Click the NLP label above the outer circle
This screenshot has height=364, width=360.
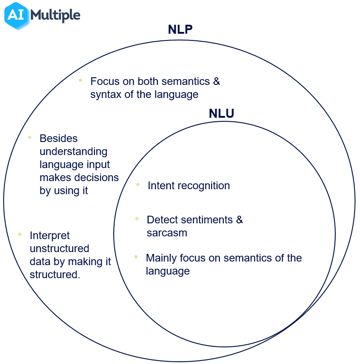click(181, 30)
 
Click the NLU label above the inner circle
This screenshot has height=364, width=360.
click(221, 114)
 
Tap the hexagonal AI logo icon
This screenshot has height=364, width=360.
click(16, 16)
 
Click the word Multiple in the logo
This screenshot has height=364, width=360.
click(56, 16)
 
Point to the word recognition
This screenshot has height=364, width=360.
click(203, 186)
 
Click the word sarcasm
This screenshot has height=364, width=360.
click(167, 233)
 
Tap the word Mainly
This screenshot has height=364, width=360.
click(161, 258)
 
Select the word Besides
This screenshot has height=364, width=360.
click(58, 138)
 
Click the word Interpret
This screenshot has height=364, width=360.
click(49, 236)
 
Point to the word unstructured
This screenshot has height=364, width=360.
click(59, 249)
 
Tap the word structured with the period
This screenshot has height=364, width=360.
click(55, 275)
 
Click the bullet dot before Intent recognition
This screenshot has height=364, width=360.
click(138, 184)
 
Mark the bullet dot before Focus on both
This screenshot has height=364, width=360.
click(80, 80)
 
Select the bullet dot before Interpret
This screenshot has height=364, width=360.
click(20, 234)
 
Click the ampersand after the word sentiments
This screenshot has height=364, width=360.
click(239, 220)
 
